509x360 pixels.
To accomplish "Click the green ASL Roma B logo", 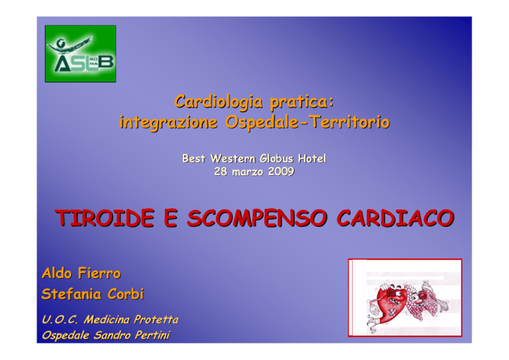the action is coord(80,54).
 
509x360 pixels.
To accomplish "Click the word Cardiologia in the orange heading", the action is coord(218,102).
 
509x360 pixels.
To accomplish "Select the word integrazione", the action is coord(168,123).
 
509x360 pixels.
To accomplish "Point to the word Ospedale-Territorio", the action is coord(308,122).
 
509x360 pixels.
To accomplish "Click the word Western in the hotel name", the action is coord(233,158).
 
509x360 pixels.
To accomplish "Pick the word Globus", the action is coord(276,158).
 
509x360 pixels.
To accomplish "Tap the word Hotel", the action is coord(312,158).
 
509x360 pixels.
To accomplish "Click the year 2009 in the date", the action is coord(281,172).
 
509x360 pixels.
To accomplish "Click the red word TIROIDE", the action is coord(105,218).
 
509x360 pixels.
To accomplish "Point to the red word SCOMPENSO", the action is coord(256,218).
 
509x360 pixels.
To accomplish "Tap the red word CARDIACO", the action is coord(395,218).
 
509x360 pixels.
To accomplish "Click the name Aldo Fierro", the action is coord(81,273).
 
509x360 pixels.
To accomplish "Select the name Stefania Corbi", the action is coord(93,294).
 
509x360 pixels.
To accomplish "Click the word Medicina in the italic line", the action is coord(107,320).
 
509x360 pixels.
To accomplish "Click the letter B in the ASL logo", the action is coord(106,62).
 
